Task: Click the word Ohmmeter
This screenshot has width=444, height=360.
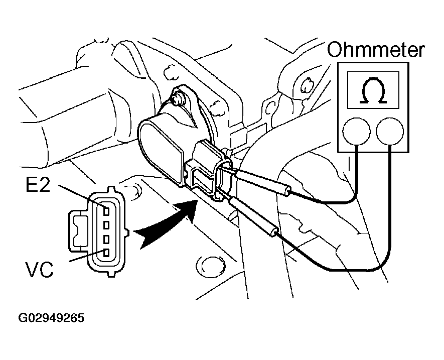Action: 376,51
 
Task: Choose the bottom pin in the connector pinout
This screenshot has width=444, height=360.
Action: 105,252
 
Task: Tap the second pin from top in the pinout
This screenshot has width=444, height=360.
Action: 105,222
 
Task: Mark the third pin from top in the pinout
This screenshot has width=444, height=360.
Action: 105,237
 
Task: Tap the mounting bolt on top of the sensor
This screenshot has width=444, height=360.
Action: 177,97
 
